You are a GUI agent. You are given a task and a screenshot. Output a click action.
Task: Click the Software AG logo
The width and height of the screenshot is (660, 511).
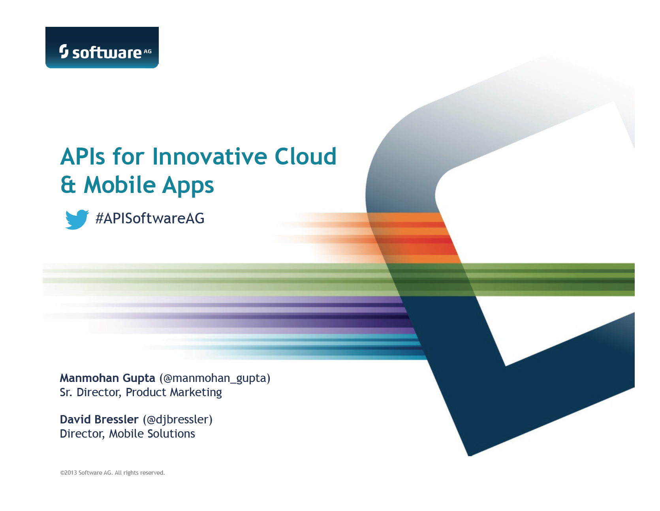pos(102,47)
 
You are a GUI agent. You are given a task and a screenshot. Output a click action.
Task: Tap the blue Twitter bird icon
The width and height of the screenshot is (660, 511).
pos(77,219)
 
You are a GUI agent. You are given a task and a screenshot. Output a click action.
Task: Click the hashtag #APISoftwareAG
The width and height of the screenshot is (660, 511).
pos(150,218)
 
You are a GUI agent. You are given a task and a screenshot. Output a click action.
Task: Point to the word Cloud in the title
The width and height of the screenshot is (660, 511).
pos(305,156)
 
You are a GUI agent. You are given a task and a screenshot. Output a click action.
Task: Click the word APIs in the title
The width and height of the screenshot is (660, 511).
pos(83,156)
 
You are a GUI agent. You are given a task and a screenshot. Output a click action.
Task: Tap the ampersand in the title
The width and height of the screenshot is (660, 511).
pos(68,185)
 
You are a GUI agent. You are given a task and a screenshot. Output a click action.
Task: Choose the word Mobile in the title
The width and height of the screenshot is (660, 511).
pos(120,185)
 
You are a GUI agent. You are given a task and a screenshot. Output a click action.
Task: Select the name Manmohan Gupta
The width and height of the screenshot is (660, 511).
pos(107,378)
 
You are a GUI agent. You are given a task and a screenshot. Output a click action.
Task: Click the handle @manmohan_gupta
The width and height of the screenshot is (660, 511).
pos(215,378)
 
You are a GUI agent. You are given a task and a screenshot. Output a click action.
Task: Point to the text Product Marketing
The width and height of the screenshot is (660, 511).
pos(174,393)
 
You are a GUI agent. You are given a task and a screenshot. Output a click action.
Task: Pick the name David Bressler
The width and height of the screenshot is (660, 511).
pos(99,419)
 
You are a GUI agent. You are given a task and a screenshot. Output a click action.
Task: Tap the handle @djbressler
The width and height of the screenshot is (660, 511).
pos(178,420)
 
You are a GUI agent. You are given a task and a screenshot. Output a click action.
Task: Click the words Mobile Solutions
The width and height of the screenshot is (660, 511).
pos(152,434)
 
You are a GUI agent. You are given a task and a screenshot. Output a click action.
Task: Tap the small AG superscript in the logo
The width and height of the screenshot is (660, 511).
pos(148,51)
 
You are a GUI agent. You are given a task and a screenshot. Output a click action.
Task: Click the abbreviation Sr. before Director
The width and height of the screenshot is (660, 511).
pos(66,393)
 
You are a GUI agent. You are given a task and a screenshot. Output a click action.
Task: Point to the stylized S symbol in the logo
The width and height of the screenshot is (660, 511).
pos(64,51)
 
